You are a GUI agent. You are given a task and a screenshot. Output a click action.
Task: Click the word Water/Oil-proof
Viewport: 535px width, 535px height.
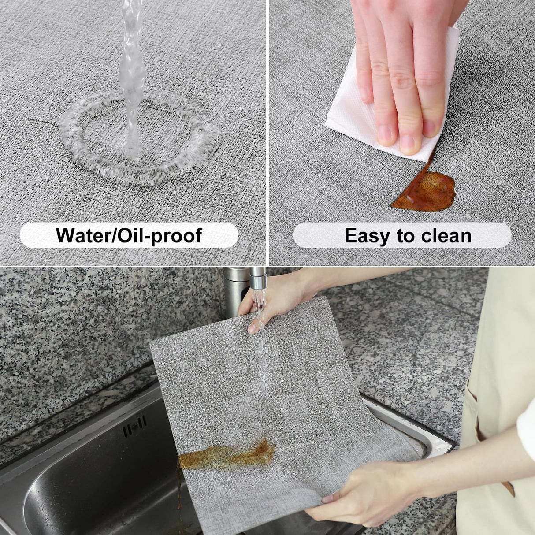pyautogui.click(x=129, y=235)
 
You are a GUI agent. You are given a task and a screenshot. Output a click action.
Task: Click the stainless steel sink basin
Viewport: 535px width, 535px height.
pyautogui.click(x=88, y=485)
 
